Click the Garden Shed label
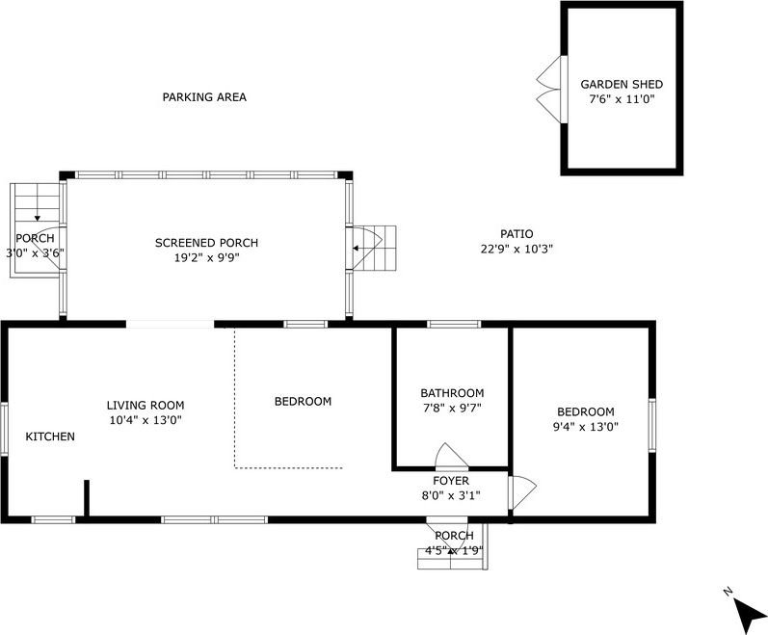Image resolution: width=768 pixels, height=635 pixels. coord(621,84)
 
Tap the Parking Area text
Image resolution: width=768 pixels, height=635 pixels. coord(204,97)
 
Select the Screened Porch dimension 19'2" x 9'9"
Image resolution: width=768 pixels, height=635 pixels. coord(206,257)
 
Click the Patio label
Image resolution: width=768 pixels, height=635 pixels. coord(516,234)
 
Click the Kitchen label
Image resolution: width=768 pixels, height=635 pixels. coord(50,437)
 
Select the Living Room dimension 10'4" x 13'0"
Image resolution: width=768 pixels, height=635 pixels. coord(145,420)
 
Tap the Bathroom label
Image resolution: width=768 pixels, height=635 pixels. coord(452,393)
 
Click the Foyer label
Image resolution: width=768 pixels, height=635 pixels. coord(451,481)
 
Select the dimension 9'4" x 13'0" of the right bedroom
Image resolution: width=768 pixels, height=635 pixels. coord(585,426)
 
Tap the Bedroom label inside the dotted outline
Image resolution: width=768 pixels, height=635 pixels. coord(303,402)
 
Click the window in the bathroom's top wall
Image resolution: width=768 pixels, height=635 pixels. coord(454,324)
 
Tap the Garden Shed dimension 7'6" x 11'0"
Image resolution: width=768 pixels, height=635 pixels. coord(621,98)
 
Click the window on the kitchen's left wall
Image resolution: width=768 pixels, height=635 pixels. coord(4,428)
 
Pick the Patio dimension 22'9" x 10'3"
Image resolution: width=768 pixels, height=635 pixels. coord(516,249)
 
